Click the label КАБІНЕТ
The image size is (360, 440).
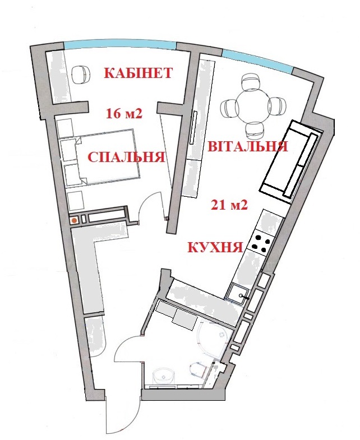pos(137,73)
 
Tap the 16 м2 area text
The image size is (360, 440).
pos(124,114)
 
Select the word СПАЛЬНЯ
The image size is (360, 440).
pos(126,158)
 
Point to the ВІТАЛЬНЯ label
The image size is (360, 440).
pos(247,147)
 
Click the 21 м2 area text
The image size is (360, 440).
pos(229,205)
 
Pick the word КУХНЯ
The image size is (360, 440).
pos(215,247)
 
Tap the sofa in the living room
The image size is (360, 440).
pos(290,161)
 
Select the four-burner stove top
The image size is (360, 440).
pos(261,241)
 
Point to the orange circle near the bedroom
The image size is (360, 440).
pos(74,220)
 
